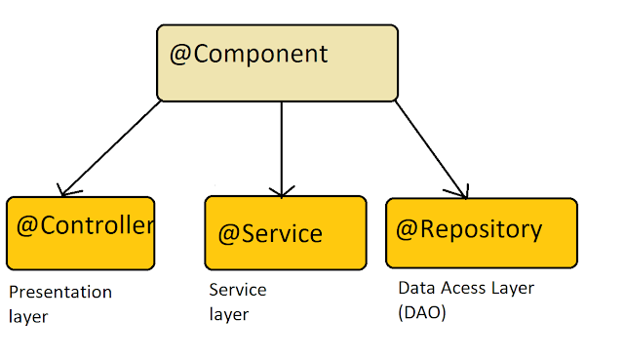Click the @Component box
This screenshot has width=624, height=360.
click(277, 62)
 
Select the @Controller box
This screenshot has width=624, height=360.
click(80, 233)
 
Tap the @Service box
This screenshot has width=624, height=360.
click(286, 233)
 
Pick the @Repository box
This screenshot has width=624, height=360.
click(482, 233)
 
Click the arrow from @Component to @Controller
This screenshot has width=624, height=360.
click(110, 148)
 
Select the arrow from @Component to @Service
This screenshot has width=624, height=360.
click(282, 149)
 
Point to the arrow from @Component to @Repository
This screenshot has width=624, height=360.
click(432, 149)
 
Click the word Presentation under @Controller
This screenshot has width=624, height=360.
click(60, 293)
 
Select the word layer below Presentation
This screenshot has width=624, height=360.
click(28, 317)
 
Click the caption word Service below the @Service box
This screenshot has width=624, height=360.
click(238, 290)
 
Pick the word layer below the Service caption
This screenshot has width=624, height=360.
click(229, 314)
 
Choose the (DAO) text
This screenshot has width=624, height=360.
click(422, 312)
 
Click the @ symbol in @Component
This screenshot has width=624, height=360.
click(180, 55)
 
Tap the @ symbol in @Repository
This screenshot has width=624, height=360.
click(407, 230)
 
